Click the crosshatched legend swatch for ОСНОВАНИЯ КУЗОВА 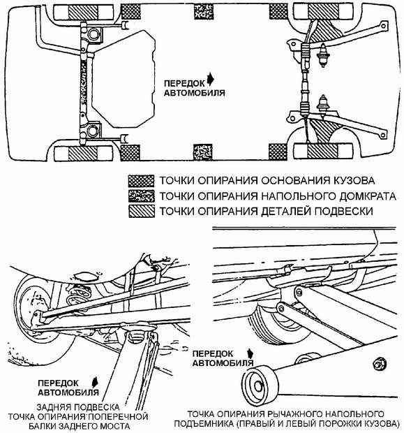pyautogui.click(x=141, y=181)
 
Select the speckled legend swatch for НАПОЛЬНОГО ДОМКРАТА pyautogui.click(x=141, y=196)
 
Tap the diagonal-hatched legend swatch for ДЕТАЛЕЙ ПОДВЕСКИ pyautogui.click(x=141, y=211)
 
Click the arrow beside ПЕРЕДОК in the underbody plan pyautogui.click(x=211, y=79)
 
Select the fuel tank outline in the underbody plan pyautogui.click(x=124, y=79)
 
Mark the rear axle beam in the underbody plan pyautogui.click(x=83, y=83)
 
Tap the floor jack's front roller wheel pyautogui.click(x=260, y=386)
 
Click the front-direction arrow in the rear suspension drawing pyautogui.click(x=95, y=381)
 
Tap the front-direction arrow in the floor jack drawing pyautogui.click(x=250, y=354)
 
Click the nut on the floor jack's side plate pyautogui.click(x=380, y=363)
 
